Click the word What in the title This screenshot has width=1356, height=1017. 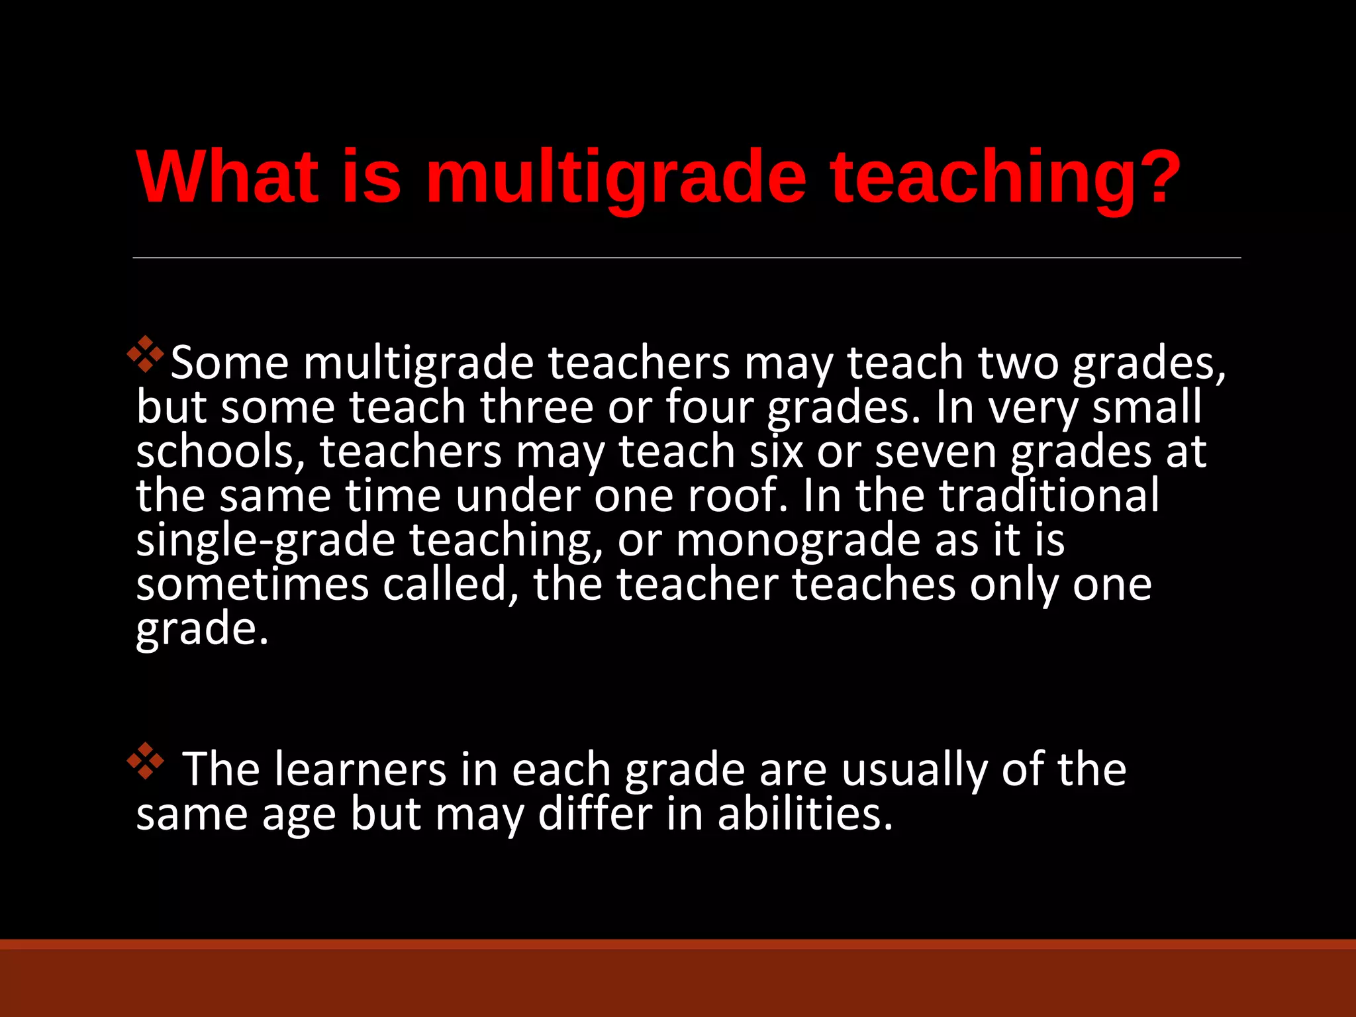226,177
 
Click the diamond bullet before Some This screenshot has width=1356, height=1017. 146,354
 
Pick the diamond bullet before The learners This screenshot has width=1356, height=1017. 146,761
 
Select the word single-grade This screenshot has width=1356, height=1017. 266,540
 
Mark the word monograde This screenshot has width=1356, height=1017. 798,540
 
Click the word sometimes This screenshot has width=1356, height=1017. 252,585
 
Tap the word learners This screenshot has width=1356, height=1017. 360,769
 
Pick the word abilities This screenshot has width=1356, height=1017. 805,814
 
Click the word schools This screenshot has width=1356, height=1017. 221,452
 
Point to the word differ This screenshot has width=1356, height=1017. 595,814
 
